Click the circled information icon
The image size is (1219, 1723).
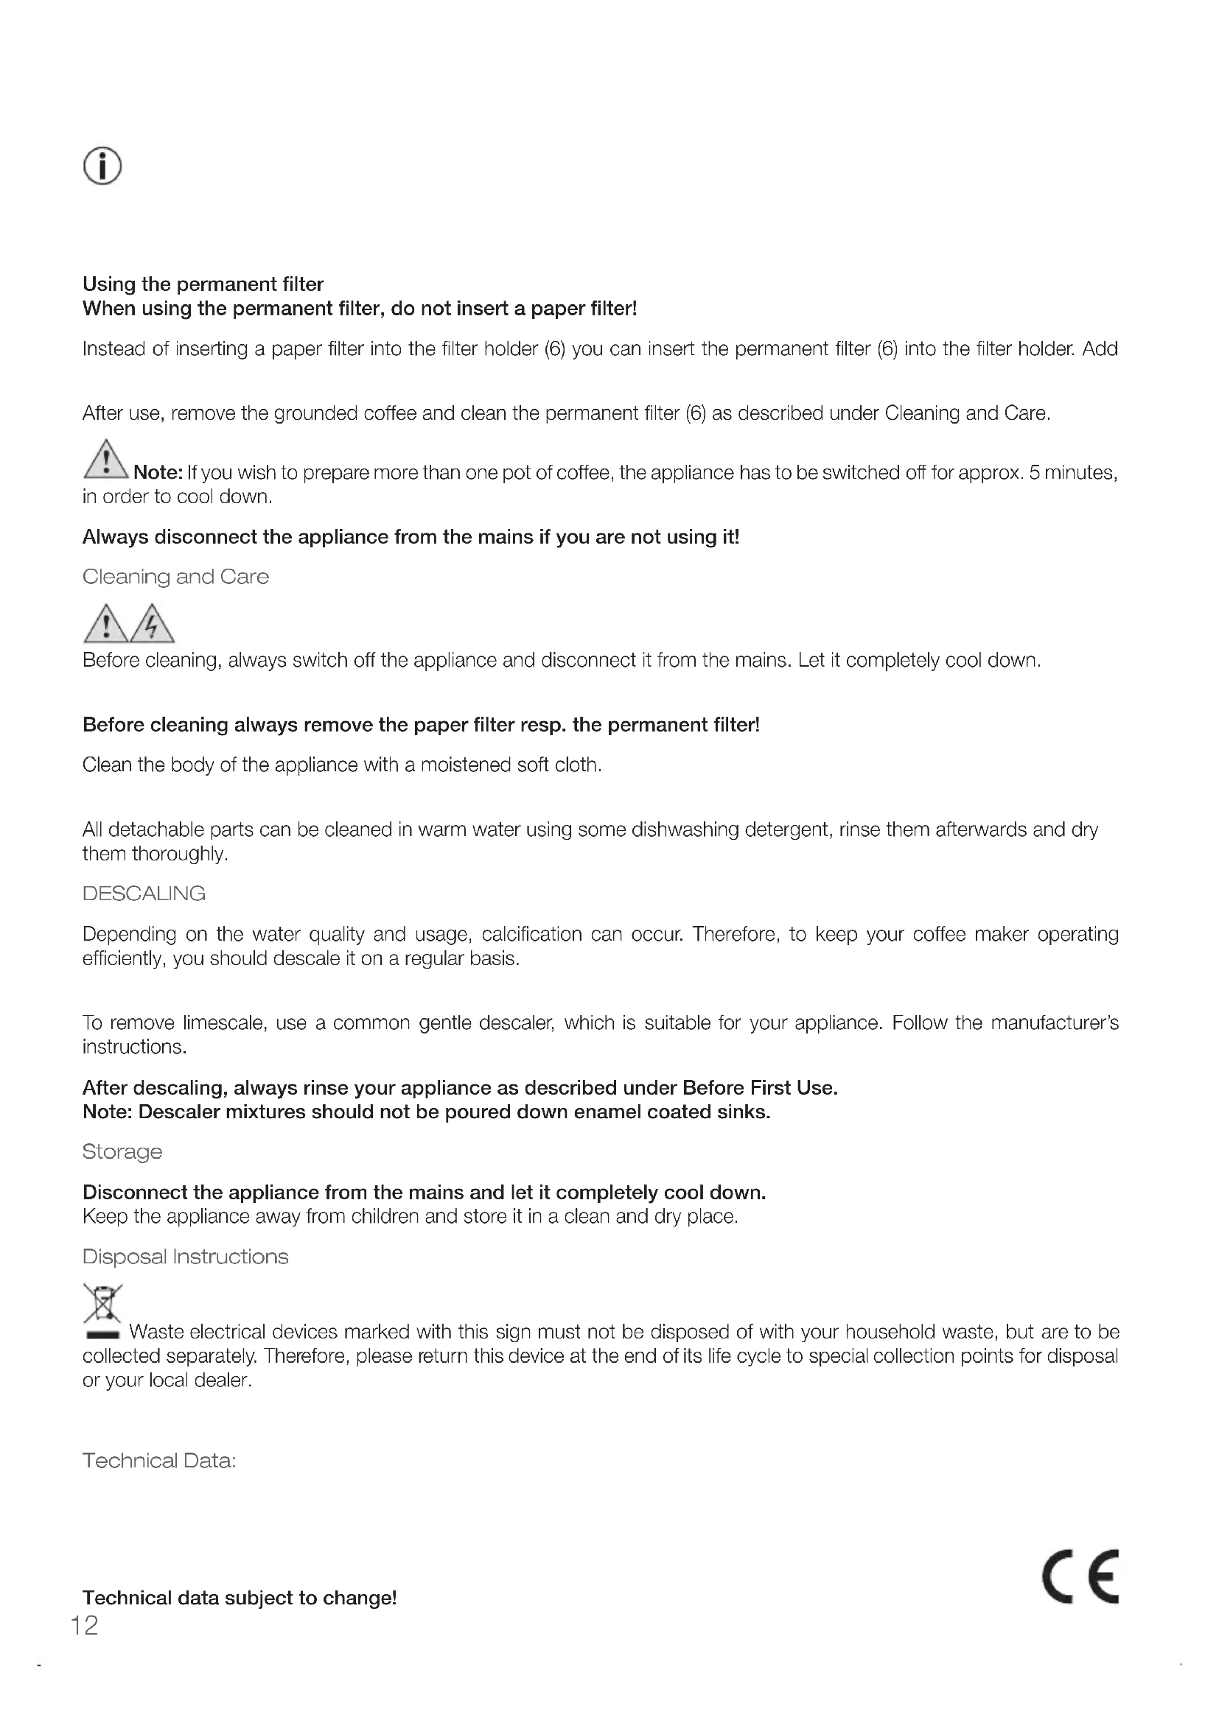coord(102,165)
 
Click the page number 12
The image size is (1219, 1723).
coord(84,1625)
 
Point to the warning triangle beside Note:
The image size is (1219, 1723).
coord(107,459)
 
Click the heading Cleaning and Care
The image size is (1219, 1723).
coord(175,576)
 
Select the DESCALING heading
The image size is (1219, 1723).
coord(144,893)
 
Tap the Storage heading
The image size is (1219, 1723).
coord(122,1151)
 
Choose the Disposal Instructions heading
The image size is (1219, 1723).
coord(186,1256)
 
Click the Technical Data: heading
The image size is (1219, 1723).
coord(159,1460)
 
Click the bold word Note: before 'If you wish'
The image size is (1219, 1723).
coord(158,473)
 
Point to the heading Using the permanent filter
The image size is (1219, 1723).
coord(203,284)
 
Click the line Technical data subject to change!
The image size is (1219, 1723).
coord(240,1598)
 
